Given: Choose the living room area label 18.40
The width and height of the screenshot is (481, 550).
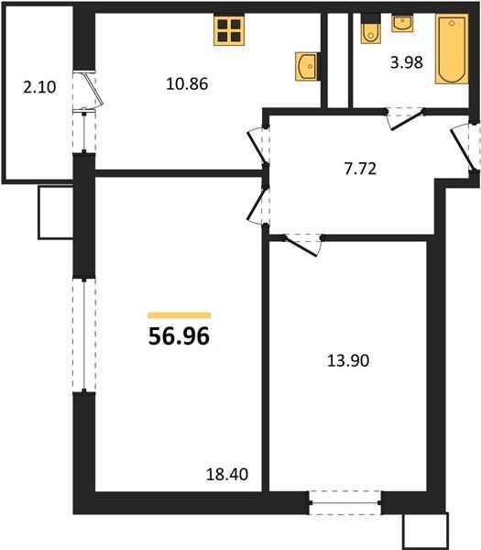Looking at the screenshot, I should (229, 475).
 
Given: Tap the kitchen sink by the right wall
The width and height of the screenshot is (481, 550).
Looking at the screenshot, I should (306, 66).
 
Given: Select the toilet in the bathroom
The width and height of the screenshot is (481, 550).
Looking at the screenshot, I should (371, 30).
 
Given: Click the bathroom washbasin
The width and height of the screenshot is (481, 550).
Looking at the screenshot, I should (402, 23).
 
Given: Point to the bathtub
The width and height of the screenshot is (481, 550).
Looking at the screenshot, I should (450, 50).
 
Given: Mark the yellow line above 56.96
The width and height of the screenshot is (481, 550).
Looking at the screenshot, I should (179, 314).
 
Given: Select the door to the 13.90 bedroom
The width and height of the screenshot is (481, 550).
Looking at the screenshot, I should (302, 243).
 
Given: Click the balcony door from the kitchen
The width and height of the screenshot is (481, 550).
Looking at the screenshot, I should (89, 92).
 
